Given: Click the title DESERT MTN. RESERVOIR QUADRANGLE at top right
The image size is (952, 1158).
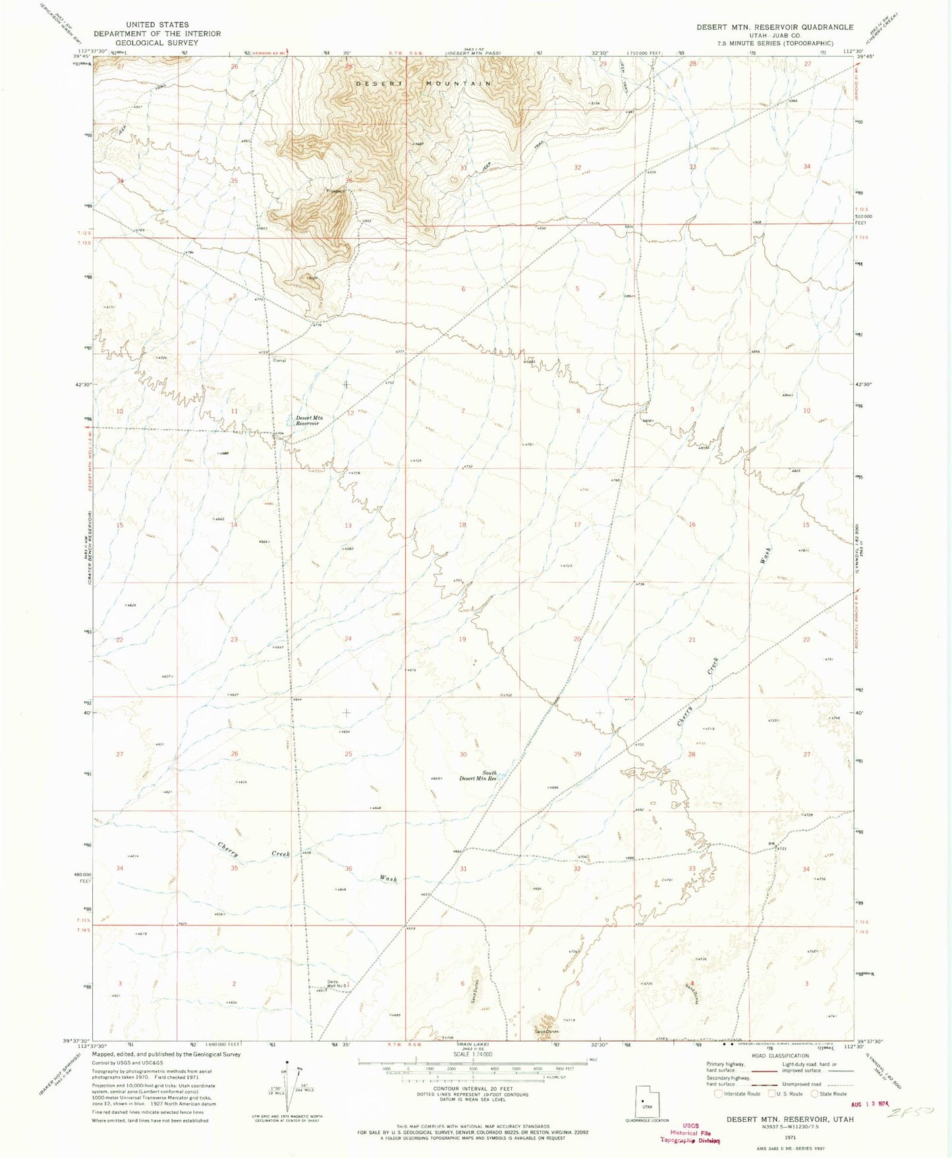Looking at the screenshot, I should click(775, 27).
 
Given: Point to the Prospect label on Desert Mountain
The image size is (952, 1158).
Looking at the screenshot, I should click(335, 191).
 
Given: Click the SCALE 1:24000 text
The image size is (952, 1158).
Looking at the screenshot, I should click(467, 1072).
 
